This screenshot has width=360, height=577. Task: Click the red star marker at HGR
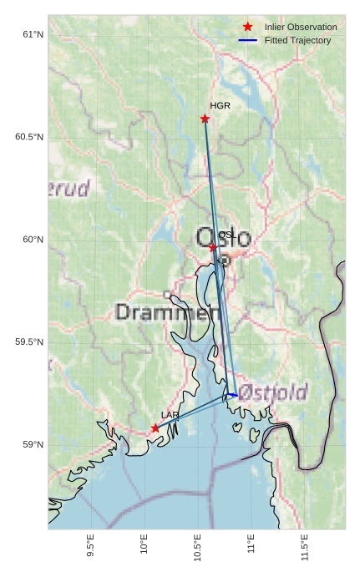pyautogui.click(x=205, y=119)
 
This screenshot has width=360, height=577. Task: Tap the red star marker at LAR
pyautogui.click(x=155, y=428)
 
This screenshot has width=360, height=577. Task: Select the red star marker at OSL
pyautogui.click(x=213, y=247)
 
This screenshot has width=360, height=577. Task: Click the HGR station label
pyautogui.click(x=220, y=106)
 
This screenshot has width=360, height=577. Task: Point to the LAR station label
pyautogui.click(x=170, y=415)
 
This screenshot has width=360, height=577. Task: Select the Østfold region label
pyautogui.click(x=277, y=392)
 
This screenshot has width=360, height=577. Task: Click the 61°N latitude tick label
pyautogui.click(x=33, y=34)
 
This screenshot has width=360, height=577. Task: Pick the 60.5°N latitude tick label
pyautogui.click(x=29, y=137)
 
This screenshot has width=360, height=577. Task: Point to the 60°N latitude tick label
pyautogui.click(x=33, y=240)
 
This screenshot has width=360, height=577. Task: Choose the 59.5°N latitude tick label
pyautogui.click(x=29, y=342)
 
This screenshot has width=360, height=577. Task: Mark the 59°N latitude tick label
pyautogui.click(x=33, y=445)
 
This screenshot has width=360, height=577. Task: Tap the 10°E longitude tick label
pyautogui.click(x=144, y=544)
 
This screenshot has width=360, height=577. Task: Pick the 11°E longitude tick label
pyautogui.click(x=251, y=544)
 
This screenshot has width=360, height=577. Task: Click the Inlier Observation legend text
pyautogui.click(x=301, y=28)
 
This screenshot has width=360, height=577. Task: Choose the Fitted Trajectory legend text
pyautogui.click(x=297, y=40)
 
